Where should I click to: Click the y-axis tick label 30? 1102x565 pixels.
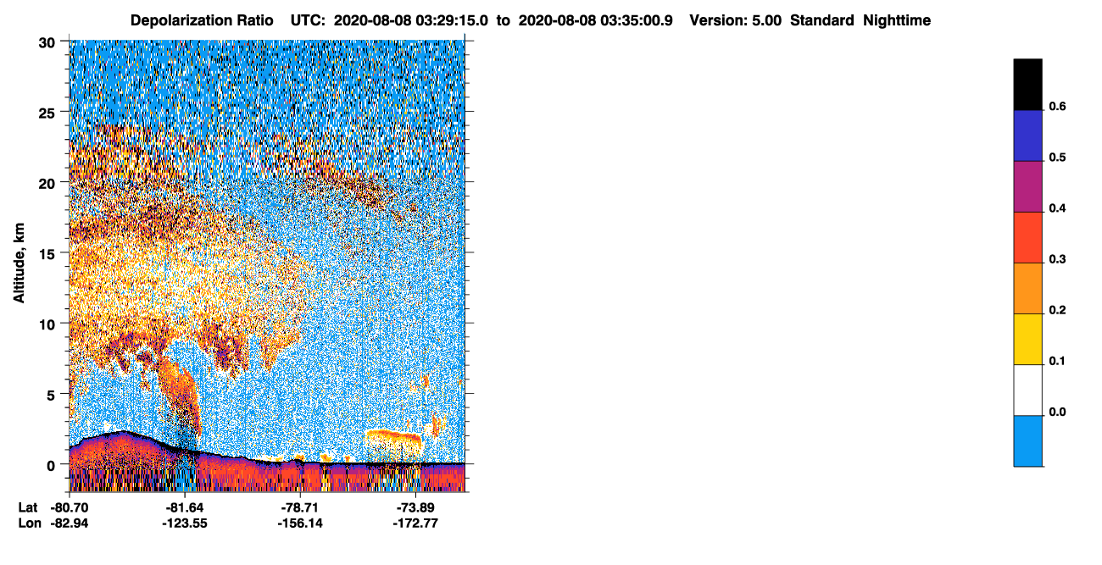point(47,43)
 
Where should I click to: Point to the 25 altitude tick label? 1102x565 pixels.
point(47,114)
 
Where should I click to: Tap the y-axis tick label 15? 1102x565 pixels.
point(47,255)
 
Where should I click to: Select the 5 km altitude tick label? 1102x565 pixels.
point(51,396)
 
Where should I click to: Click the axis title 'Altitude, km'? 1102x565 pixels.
point(19,263)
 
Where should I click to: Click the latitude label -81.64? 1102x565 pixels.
point(185,507)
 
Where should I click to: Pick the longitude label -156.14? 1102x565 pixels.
point(300,523)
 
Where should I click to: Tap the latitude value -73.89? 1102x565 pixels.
point(415,507)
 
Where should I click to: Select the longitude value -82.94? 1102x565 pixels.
point(70,523)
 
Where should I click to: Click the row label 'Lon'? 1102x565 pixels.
point(30,523)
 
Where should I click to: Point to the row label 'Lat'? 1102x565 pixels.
point(28,507)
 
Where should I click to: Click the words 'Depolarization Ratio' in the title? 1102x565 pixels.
point(202,20)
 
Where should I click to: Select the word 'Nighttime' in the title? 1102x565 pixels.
point(897,20)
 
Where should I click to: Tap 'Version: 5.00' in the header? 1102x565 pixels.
point(736,20)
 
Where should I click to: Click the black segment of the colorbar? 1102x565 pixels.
point(1027,85)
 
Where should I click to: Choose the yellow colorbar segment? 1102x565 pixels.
point(1027,340)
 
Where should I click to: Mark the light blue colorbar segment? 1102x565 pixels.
point(1027,441)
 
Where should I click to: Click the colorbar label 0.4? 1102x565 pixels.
point(1057,208)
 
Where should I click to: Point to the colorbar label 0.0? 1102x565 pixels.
point(1057,412)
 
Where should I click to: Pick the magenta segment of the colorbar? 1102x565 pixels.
point(1027,186)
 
